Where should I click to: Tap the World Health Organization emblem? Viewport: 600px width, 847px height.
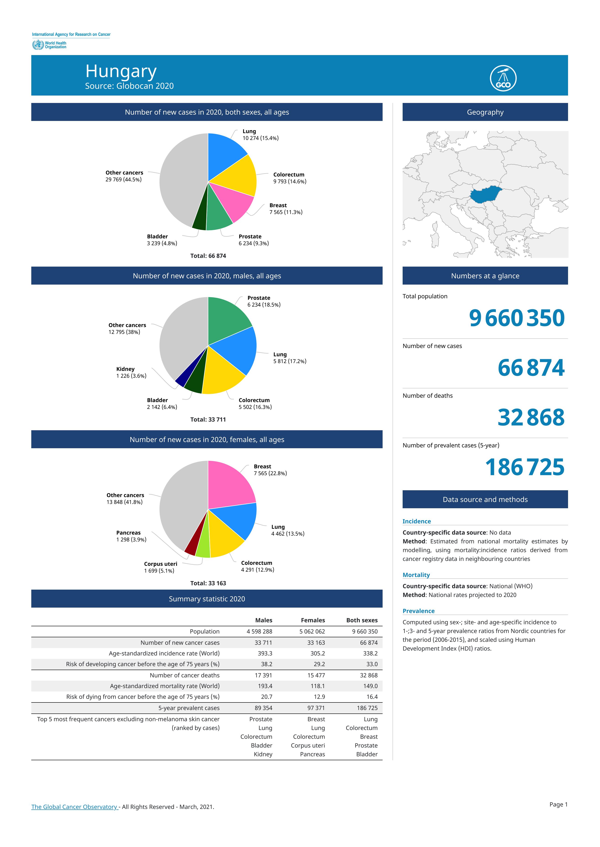[x=37, y=45]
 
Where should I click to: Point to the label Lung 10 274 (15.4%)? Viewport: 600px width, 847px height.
[x=260, y=135]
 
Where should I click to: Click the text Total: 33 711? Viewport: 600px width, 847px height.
[x=208, y=420]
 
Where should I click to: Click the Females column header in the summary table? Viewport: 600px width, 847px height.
[x=313, y=620]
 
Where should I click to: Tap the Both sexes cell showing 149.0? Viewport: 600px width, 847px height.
[x=371, y=686]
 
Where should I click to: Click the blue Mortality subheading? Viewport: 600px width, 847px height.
[x=416, y=575]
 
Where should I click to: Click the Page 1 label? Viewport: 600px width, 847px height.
[x=558, y=805]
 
